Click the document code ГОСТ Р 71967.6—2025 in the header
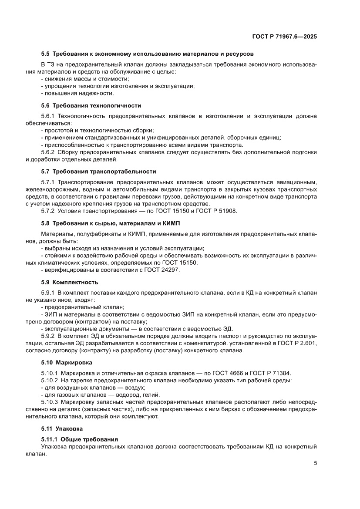(284, 37)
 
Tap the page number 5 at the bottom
(315, 463)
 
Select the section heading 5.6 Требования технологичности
(91, 105)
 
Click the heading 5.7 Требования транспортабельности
(98, 172)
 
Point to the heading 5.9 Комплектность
(70, 282)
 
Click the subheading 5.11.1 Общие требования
(79, 439)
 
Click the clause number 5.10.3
(49, 402)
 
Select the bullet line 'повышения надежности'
(72, 93)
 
